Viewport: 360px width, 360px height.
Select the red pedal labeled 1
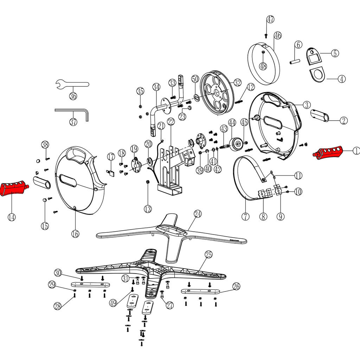tap(328, 153)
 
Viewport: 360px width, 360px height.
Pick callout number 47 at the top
tap(270, 19)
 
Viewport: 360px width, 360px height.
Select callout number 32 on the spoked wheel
tap(237, 83)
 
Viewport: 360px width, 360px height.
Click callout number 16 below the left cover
tap(76, 233)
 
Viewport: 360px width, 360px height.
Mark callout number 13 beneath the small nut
tap(148, 209)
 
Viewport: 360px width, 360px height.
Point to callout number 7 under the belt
tap(245, 216)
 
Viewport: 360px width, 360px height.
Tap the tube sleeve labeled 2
tap(320, 115)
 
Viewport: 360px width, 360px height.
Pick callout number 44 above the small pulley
tap(232, 123)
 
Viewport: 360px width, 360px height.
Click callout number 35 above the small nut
tap(140, 91)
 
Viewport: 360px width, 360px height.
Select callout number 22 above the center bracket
tap(171, 122)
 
